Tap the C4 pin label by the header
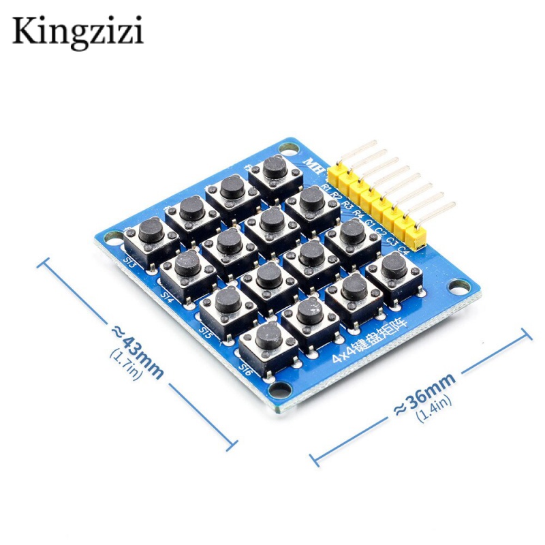[x=403, y=250]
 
